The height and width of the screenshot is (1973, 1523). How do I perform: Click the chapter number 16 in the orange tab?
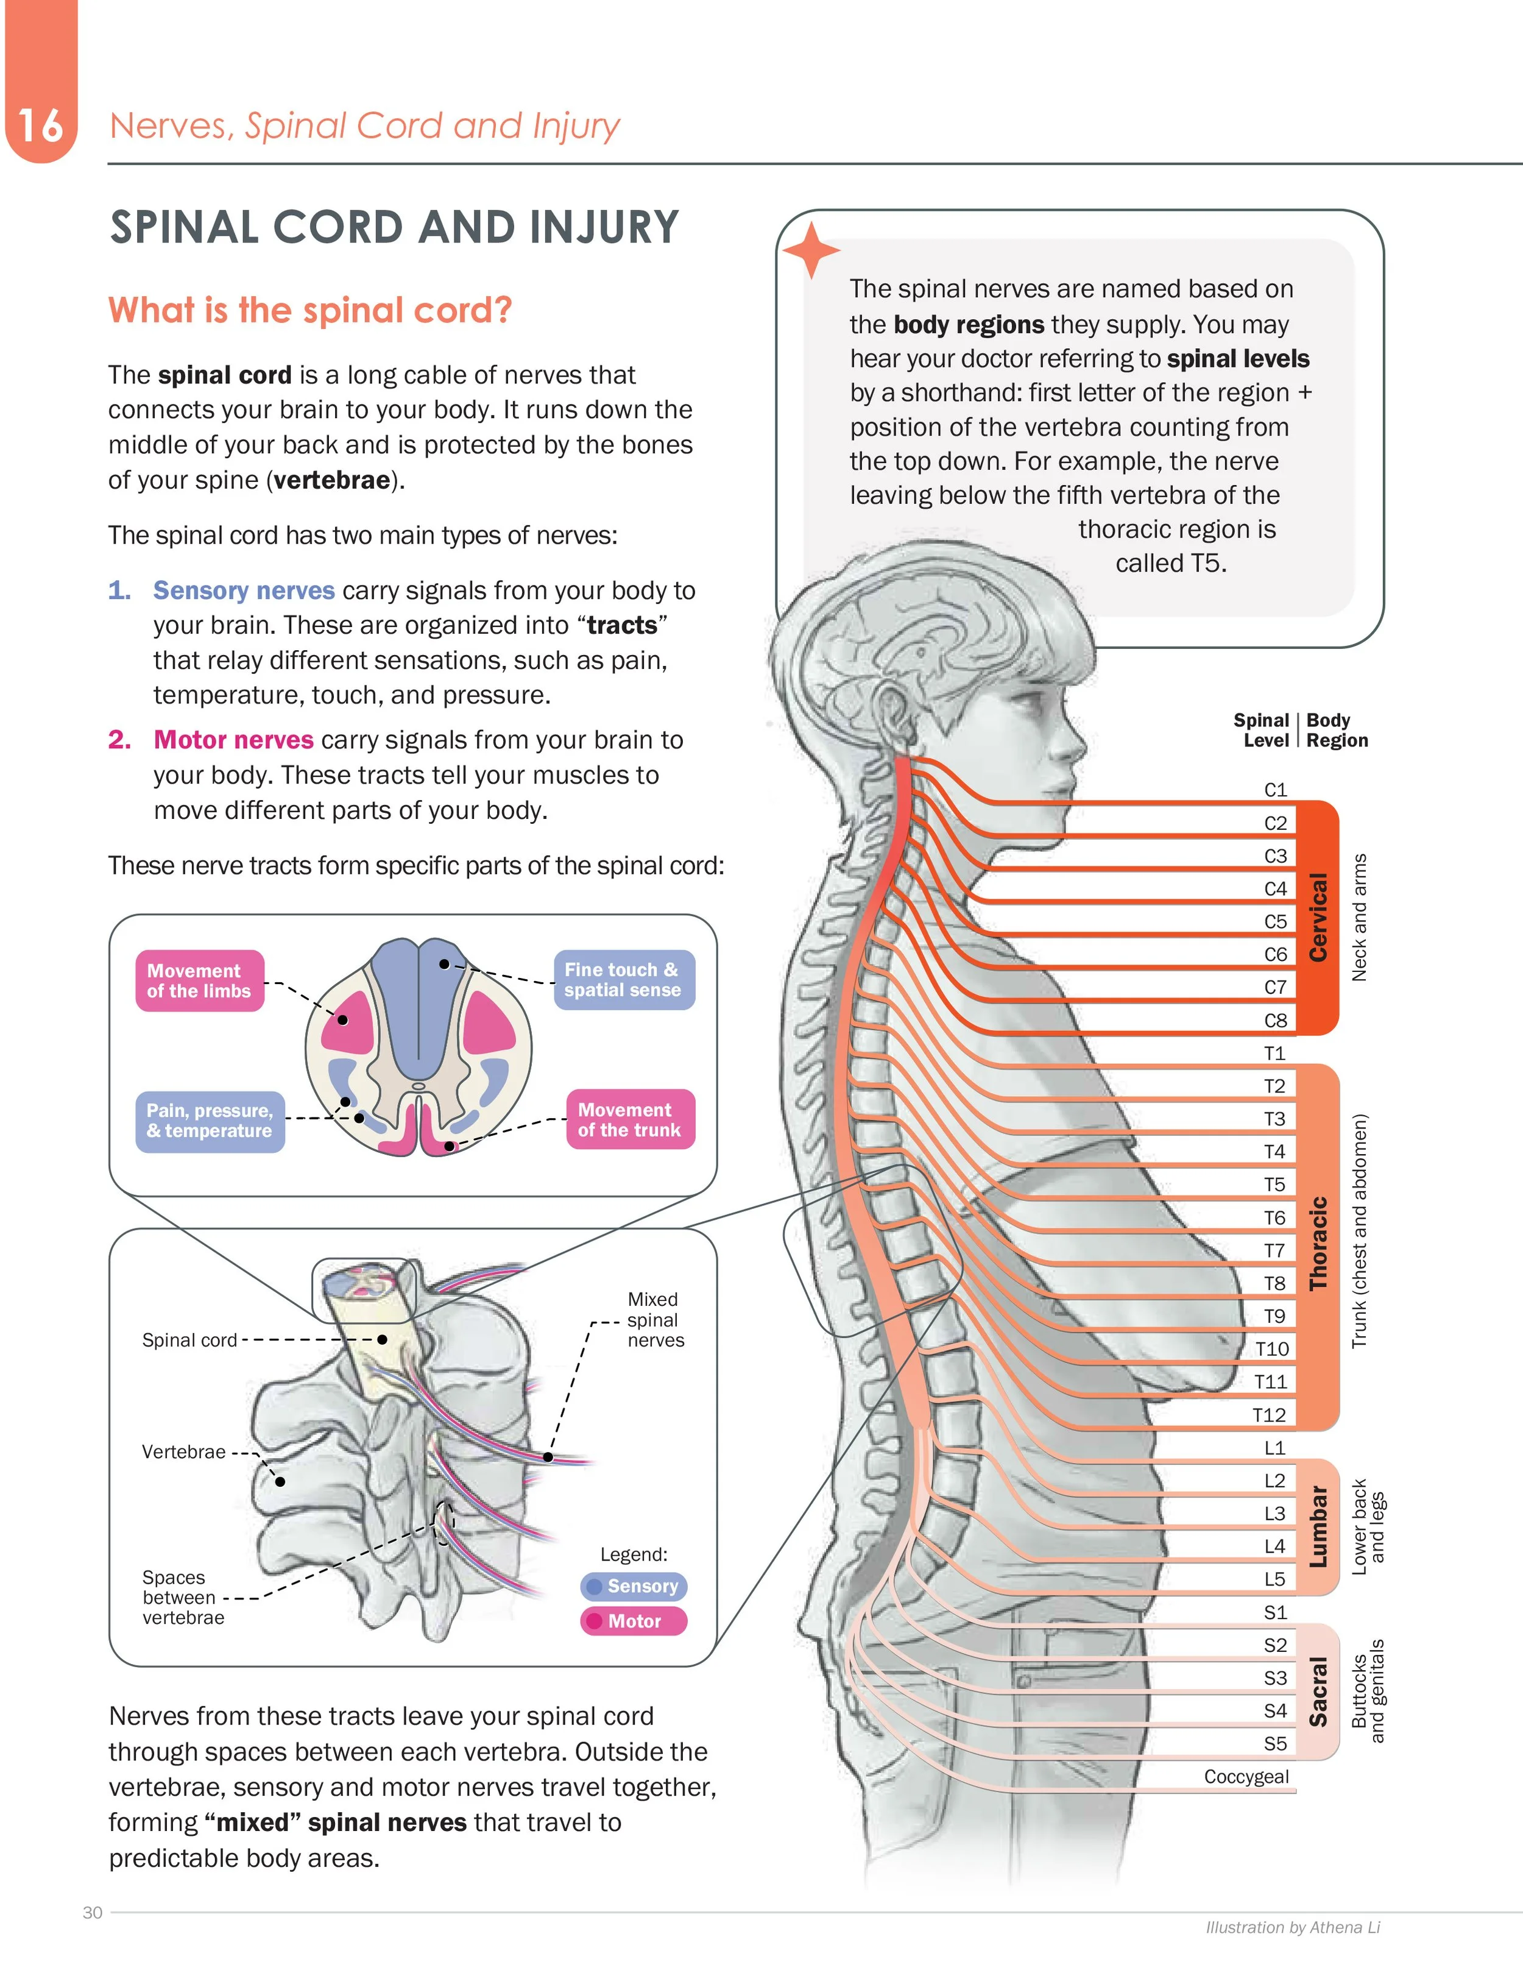coord(41,126)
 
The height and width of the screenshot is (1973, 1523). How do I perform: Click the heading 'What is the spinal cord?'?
coord(310,310)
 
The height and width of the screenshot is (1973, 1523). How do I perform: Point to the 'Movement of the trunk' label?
coord(630,1119)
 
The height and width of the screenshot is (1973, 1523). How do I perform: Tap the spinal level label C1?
coord(1274,790)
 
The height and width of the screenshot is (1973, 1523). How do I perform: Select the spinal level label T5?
coord(1274,1185)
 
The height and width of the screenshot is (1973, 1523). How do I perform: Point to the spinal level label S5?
coord(1274,1743)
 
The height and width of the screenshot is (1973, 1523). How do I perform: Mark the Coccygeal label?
coord(1246,1776)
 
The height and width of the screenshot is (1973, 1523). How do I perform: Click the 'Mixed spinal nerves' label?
coord(655,1319)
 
